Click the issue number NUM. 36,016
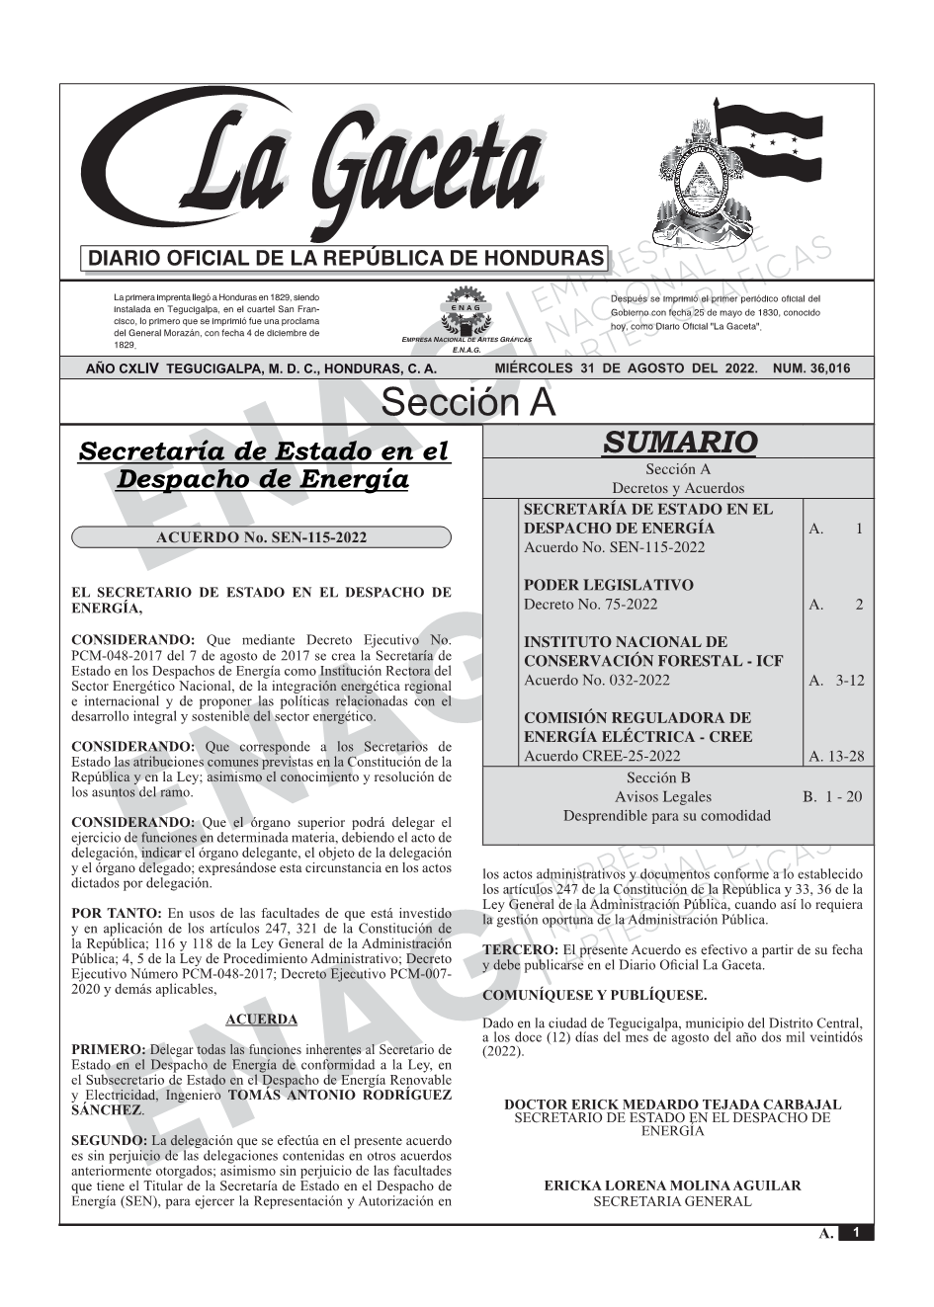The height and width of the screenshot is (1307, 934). (x=810, y=368)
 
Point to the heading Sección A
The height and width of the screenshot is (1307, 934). (x=467, y=403)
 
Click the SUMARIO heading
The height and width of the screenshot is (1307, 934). (x=679, y=442)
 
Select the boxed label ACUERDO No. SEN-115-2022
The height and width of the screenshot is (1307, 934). (x=262, y=537)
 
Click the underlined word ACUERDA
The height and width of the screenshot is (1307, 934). (x=262, y=1019)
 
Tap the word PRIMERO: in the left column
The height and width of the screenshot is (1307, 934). (x=109, y=1049)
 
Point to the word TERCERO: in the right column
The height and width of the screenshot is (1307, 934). (x=520, y=950)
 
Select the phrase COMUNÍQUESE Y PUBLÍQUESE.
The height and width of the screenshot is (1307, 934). (x=595, y=995)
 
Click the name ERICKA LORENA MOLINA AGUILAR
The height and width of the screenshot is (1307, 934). (x=672, y=1185)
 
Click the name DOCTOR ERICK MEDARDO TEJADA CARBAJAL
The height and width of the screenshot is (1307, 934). (x=672, y=1104)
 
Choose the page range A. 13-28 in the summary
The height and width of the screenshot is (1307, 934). (x=835, y=757)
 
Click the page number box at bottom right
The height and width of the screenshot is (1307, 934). (x=856, y=1232)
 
